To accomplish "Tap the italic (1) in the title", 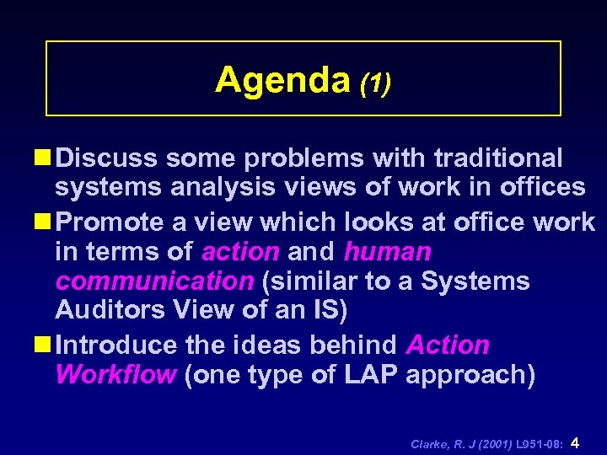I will coord(375,83).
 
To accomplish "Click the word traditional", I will coord(498,158).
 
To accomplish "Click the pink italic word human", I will coord(387,251).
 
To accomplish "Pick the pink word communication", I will coord(153,281).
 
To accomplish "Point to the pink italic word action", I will coord(240,251).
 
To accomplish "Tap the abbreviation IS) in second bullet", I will coord(325,311).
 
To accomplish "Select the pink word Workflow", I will coord(115,375).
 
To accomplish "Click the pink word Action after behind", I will coord(448,345).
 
